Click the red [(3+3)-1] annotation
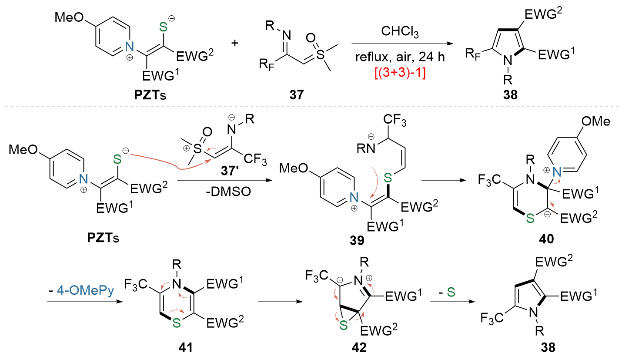point(400,73)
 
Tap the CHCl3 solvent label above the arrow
point(400,31)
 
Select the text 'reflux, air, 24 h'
point(400,57)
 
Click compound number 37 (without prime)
point(297,95)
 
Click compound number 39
point(357,240)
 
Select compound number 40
point(546,239)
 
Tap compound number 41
point(185,347)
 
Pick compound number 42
point(359,347)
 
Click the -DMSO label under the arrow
point(228,192)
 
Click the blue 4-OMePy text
point(86,291)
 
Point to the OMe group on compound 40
point(595,121)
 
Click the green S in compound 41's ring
point(177,323)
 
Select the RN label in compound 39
point(366,149)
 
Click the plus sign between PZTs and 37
point(235,43)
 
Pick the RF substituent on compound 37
point(266,64)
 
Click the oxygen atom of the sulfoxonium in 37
point(311,38)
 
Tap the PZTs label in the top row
point(150,95)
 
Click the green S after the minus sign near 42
point(451,292)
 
